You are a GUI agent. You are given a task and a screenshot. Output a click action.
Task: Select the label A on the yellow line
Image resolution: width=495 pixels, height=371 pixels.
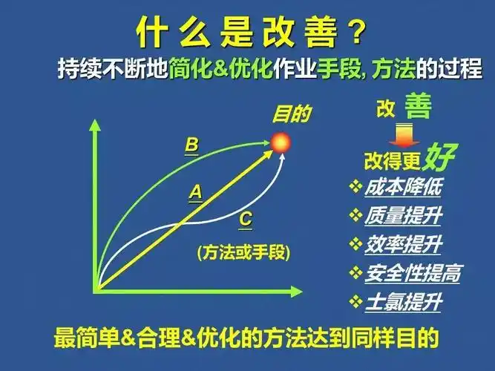click(x=195, y=192)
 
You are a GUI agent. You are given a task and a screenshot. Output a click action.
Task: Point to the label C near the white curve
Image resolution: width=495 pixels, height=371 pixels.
click(x=246, y=220)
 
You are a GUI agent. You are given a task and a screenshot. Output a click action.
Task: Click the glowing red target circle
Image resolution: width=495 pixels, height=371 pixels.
click(x=281, y=142)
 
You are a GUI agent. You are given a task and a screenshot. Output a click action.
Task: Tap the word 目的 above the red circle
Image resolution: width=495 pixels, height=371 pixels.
click(x=292, y=114)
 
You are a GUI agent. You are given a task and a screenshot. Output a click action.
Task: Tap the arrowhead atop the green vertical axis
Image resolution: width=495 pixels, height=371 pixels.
click(x=94, y=124)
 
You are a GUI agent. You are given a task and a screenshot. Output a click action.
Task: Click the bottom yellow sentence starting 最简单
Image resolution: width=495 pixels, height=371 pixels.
click(x=247, y=338)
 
